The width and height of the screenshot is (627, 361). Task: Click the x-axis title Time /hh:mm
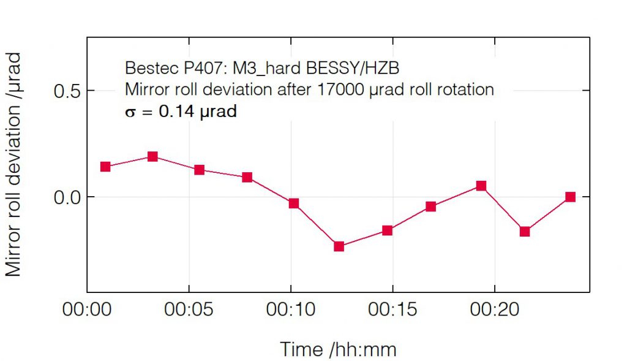click(x=338, y=349)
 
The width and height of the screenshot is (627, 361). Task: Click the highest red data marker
click(x=152, y=157)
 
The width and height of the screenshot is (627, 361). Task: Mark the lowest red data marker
click(x=339, y=246)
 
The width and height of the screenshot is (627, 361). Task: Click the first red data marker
click(x=105, y=167)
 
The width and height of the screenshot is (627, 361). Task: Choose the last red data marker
click(x=570, y=197)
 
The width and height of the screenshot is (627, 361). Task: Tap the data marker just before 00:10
click(x=247, y=177)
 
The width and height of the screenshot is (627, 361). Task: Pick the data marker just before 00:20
click(x=481, y=186)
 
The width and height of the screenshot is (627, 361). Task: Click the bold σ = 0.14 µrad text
click(x=181, y=112)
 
